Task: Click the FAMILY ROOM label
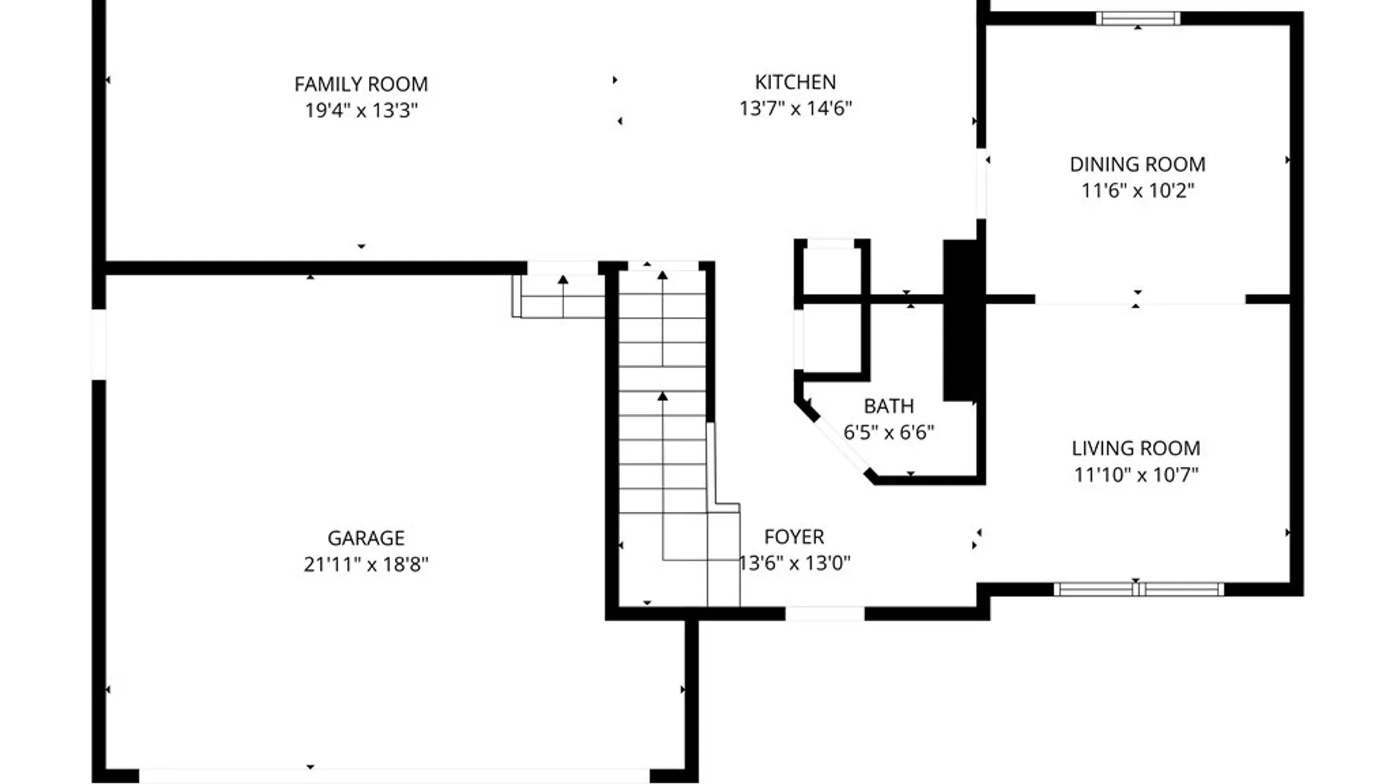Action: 361,84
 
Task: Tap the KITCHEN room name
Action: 795,82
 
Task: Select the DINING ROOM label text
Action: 1137,164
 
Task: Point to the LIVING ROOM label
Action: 1136,448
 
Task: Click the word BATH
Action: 889,406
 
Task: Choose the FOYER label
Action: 794,536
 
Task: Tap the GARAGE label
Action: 365,538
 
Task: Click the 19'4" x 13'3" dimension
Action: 361,110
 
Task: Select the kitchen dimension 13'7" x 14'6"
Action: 795,108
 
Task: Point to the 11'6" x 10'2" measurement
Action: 1137,190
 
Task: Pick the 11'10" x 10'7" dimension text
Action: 1136,474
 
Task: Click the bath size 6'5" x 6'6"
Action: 889,432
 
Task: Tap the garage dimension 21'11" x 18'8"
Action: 365,564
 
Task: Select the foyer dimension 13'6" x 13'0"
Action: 794,563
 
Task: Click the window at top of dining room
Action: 1137,19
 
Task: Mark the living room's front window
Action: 1138,589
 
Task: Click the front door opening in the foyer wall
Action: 825,613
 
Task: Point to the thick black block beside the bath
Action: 959,319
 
